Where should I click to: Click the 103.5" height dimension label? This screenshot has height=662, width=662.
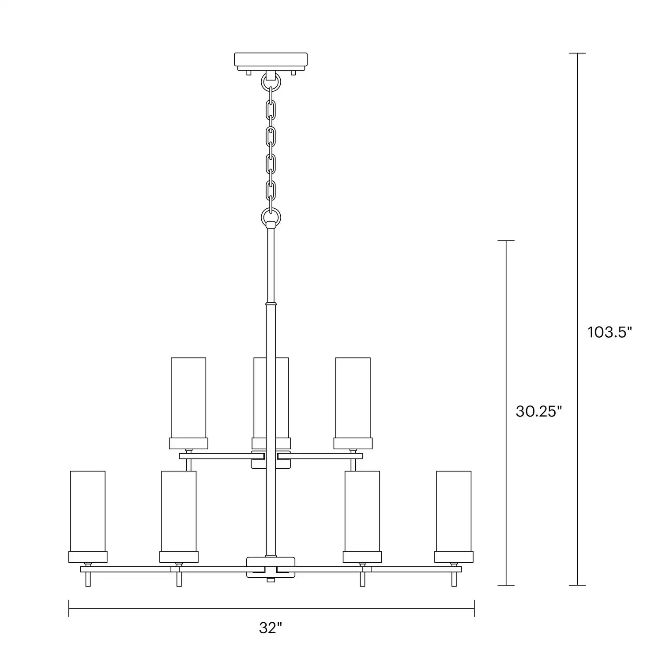coord(610,332)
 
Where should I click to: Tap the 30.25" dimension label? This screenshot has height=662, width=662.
coord(538,412)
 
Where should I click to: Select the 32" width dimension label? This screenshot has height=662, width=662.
coord(270,628)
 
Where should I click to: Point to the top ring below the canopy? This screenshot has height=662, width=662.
coord(271,82)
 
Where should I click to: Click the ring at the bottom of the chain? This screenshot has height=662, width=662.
coord(271,216)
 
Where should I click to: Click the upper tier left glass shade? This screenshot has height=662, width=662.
coord(188,397)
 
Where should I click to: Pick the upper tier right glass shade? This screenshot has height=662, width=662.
coord(353,397)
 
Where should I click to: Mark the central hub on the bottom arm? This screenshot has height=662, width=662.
coord(271,567)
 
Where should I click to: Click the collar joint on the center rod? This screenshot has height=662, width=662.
coord(271,304)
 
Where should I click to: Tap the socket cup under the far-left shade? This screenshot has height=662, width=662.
coord(88,557)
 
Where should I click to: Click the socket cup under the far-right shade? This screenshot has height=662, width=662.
coord(454,557)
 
